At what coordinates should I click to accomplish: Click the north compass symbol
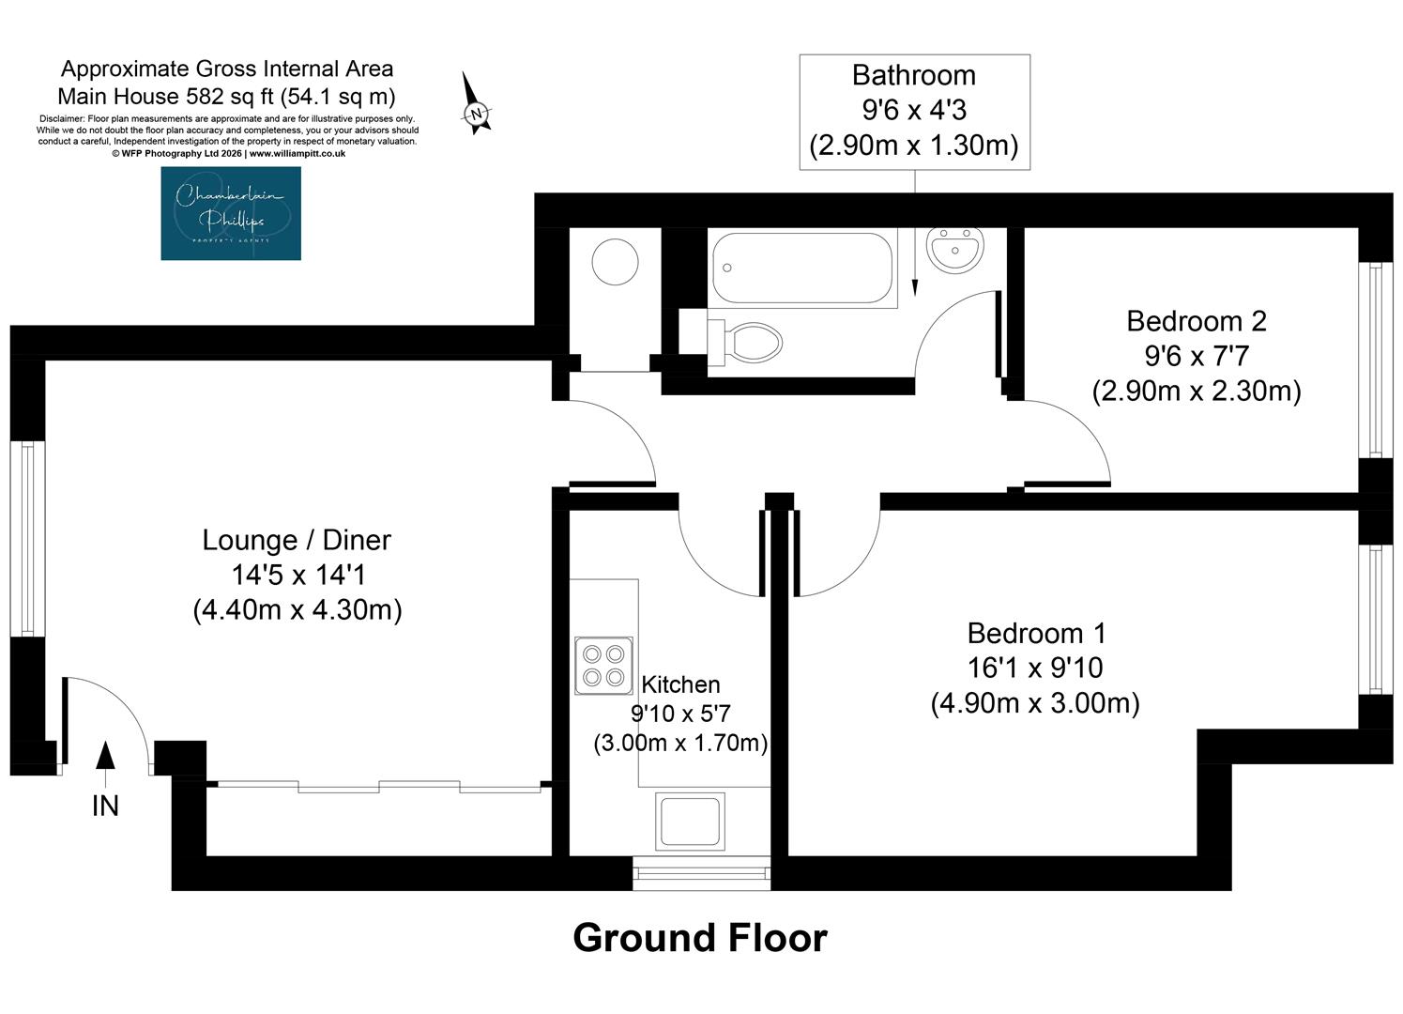[476, 103]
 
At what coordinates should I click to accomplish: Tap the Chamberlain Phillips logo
[231, 213]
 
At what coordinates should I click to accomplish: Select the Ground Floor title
[700, 938]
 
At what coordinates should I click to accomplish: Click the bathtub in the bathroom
[802, 269]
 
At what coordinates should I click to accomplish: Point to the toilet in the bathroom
[745, 343]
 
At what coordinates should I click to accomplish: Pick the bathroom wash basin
[955, 250]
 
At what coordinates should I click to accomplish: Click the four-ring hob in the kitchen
[603, 666]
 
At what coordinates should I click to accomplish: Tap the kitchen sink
[690, 821]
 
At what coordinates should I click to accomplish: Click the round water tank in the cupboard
[615, 261]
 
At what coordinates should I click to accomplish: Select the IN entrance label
[105, 806]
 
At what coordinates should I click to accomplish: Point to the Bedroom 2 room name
[1197, 321]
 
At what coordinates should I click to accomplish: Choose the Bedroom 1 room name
[1037, 633]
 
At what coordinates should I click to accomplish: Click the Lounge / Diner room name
[297, 540]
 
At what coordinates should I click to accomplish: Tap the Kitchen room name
[680, 684]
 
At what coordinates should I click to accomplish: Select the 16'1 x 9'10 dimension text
[1035, 668]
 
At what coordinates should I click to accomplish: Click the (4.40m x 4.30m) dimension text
[297, 609]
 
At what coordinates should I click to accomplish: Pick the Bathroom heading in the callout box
[914, 76]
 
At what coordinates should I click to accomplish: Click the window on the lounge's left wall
[27, 539]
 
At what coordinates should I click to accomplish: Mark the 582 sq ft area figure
[230, 97]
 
